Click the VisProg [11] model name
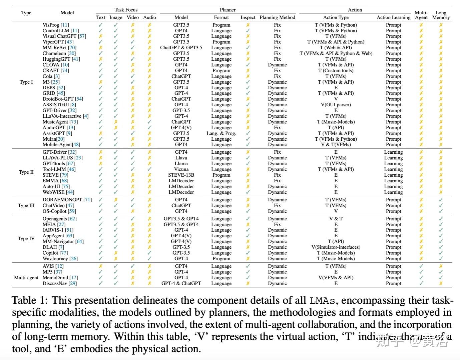(56, 25)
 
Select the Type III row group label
(26, 205)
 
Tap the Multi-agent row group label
(26, 278)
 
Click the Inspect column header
(248, 17)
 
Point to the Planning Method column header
(277, 17)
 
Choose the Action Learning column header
(393, 17)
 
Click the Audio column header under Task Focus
(149, 17)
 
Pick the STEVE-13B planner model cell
(181, 175)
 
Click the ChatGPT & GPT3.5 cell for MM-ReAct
(181, 48)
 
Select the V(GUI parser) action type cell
(336, 105)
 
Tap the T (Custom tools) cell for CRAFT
(336, 71)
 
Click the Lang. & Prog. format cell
(221, 133)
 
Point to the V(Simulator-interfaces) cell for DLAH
(336, 247)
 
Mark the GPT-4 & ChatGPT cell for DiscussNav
(181, 283)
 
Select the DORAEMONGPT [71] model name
(67, 200)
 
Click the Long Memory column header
(441, 15)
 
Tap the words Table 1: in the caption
(30, 300)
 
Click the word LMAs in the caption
(322, 300)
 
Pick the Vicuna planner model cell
(181, 169)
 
